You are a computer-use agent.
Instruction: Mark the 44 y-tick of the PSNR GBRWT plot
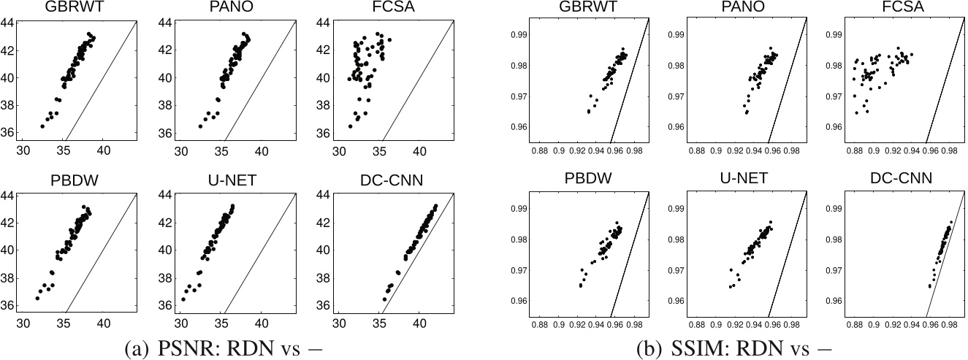pyautogui.click(x=11, y=23)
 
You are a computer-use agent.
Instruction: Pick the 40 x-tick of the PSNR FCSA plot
pyautogui.click(x=420, y=151)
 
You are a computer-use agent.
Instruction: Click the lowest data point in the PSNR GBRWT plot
pyautogui.click(x=42, y=126)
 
